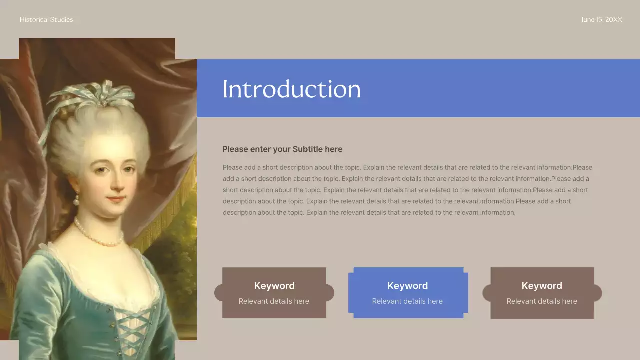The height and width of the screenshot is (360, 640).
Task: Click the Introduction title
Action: click(x=291, y=89)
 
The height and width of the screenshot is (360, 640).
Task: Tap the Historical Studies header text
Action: click(x=46, y=20)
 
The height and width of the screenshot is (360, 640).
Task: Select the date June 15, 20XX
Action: click(x=602, y=20)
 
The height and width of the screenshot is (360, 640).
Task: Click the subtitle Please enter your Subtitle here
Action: click(x=282, y=149)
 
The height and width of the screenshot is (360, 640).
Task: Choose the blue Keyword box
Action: click(x=408, y=293)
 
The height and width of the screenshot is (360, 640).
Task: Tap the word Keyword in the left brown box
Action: click(x=274, y=286)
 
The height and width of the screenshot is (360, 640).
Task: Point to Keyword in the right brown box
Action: click(x=542, y=286)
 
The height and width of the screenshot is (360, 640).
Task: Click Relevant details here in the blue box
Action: click(x=407, y=301)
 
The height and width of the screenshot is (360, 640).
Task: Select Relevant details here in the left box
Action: click(x=274, y=301)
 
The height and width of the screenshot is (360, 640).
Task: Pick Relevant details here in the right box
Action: click(x=542, y=301)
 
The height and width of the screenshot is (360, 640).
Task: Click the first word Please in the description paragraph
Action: click(x=232, y=168)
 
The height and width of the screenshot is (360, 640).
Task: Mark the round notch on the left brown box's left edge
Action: click(x=219, y=293)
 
